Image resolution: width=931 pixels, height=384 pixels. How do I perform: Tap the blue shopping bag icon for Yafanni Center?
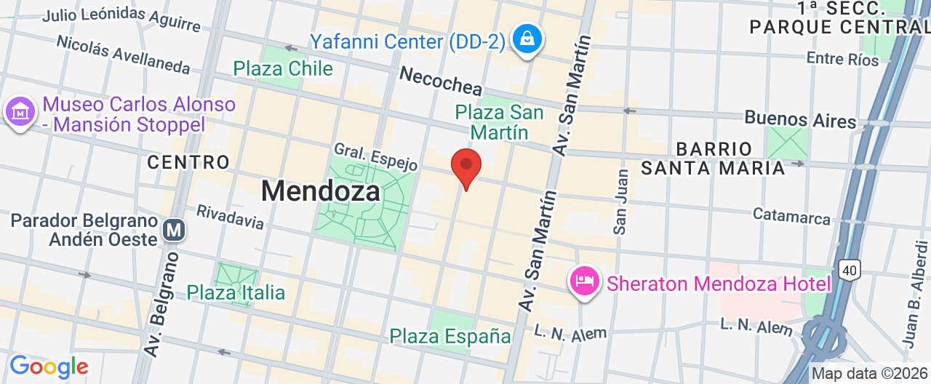tap(525, 39)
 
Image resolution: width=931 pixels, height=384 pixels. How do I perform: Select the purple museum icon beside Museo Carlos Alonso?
tap(20, 113)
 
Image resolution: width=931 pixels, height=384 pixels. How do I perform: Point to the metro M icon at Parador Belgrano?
tap(175, 231)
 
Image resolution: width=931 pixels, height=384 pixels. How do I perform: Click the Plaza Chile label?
tap(283, 69)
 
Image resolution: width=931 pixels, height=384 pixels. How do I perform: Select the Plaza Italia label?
tap(236, 293)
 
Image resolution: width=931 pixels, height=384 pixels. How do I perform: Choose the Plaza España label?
tap(450, 336)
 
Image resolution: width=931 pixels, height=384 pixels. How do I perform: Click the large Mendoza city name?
tap(320, 191)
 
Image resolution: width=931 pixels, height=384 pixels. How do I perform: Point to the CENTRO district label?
tap(188, 161)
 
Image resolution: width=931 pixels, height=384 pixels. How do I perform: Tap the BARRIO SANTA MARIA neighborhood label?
tap(713, 159)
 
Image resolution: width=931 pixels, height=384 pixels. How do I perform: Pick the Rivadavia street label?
tap(230, 217)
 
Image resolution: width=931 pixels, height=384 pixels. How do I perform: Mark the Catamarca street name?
tap(791, 216)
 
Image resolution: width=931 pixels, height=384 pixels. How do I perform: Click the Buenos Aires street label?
tap(800, 119)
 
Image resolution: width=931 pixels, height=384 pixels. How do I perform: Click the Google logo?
tap(49, 367)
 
